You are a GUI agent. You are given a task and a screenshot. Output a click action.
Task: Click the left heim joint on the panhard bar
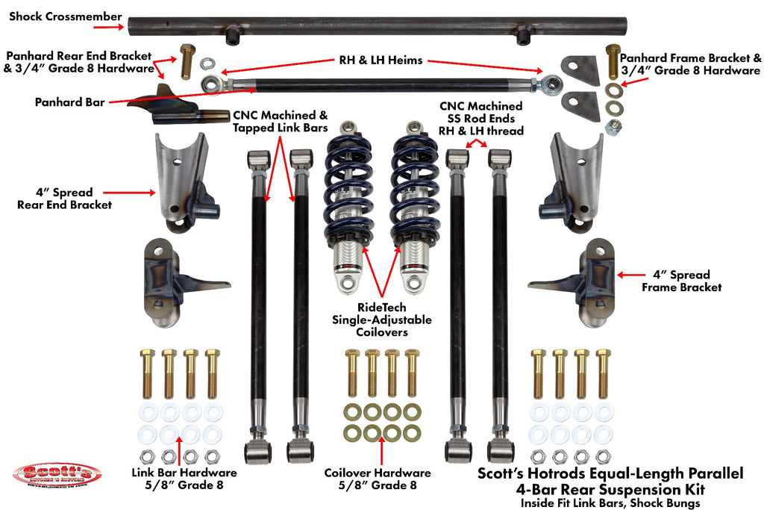click(211, 81)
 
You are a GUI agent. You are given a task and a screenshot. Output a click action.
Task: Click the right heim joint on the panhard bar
click(552, 81)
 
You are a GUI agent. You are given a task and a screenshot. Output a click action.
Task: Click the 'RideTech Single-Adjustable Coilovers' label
click(381, 320)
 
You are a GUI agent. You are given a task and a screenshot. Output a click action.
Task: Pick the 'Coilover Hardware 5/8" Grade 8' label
click(378, 479)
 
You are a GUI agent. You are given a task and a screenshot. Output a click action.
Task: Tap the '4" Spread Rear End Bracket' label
click(64, 199)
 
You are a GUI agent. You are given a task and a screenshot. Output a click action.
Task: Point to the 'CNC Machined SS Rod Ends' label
click(480, 118)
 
